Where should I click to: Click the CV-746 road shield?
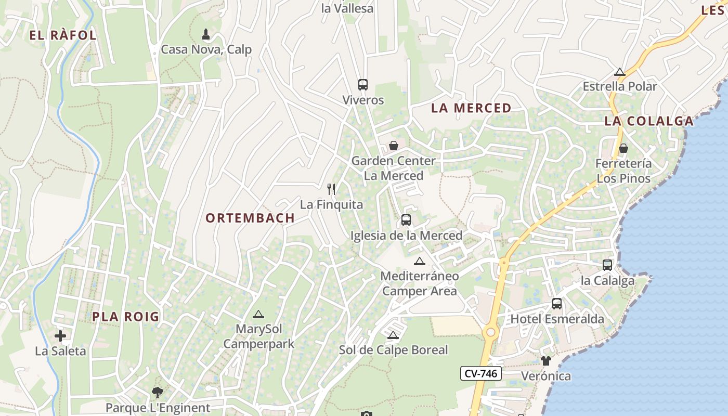pyautogui.click(x=480, y=373)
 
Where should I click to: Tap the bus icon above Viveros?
pyautogui.click(x=363, y=84)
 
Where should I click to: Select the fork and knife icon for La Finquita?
pyautogui.click(x=331, y=189)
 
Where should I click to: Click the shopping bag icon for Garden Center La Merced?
pyautogui.click(x=394, y=146)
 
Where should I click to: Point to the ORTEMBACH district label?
pyautogui.click(x=250, y=218)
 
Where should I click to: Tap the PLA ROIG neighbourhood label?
pyautogui.click(x=126, y=316)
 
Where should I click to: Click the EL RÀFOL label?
pyautogui.click(x=63, y=35)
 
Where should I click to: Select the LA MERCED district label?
pyautogui.click(x=471, y=108)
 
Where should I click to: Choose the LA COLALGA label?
pyautogui.click(x=648, y=121)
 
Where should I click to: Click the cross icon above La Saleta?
pyautogui.click(x=60, y=336)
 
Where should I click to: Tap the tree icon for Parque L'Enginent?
pyautogui.click(x=157, y=392)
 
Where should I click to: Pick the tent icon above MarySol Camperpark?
pyautogui.click(x=258, y=314)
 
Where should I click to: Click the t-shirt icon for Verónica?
pyautogui.click(x=545, y=360)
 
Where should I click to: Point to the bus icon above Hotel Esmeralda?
pyautogui.click(x=557, y=304)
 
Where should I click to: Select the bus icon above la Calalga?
pyautogui.click(x=607, y=265)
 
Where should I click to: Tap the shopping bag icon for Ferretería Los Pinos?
pyautogui.click(x=623, y=148)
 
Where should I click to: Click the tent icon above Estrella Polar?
pyautogui.click(x=619, y=72)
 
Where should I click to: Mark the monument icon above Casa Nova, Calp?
pyautogui.click(x=206, y=35)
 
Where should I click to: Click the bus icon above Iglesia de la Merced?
pyautogui.click(x=406, y=220)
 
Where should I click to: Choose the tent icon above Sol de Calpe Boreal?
pyautogui.click(x=393, y=334)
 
